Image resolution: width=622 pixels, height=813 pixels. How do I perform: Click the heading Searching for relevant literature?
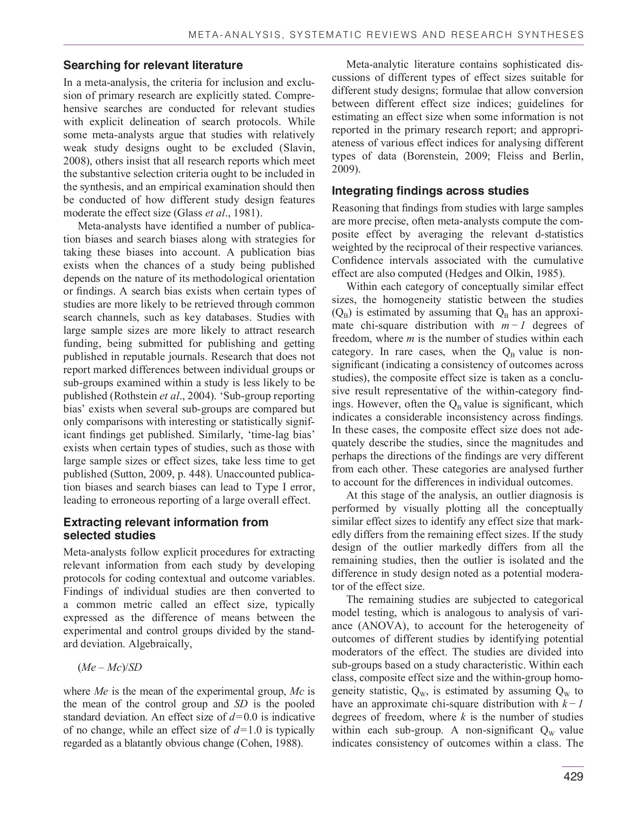[153, 65]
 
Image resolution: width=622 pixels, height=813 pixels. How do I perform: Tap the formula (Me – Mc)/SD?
[110, 667]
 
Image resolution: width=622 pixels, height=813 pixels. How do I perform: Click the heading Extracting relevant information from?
[166, 523]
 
